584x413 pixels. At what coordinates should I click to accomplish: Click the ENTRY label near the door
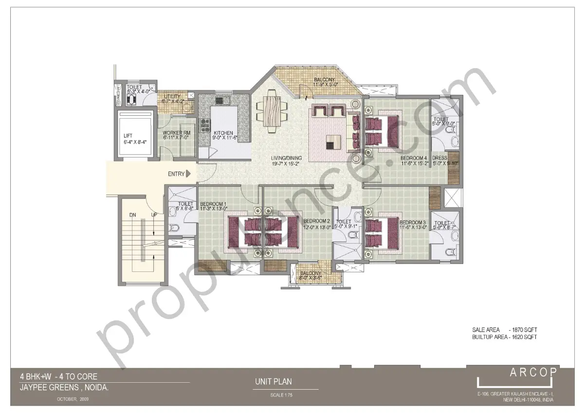tap(176, 174)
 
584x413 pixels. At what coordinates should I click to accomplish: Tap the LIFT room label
tap(128, 136)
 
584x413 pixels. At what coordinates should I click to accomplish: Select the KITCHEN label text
tap(223, 133)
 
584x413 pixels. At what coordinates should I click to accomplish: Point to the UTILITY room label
tap(172, 96)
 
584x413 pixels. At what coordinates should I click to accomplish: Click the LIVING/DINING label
tap(287, 158)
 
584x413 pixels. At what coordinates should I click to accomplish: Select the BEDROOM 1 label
tap(213, 204)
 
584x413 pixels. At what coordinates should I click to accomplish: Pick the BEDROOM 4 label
tap(414, 158)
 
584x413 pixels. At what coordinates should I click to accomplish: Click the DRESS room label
tap(439, 158)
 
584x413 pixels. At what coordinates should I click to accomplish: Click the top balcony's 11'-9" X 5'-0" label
tap(324, 85)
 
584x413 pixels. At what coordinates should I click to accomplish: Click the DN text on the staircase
tap(132, 214)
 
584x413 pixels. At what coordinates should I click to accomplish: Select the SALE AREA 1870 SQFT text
tap(504, 330)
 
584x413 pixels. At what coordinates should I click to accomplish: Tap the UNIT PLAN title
tap(273, 382)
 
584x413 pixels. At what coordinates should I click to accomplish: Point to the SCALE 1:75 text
tap(281, 395)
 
